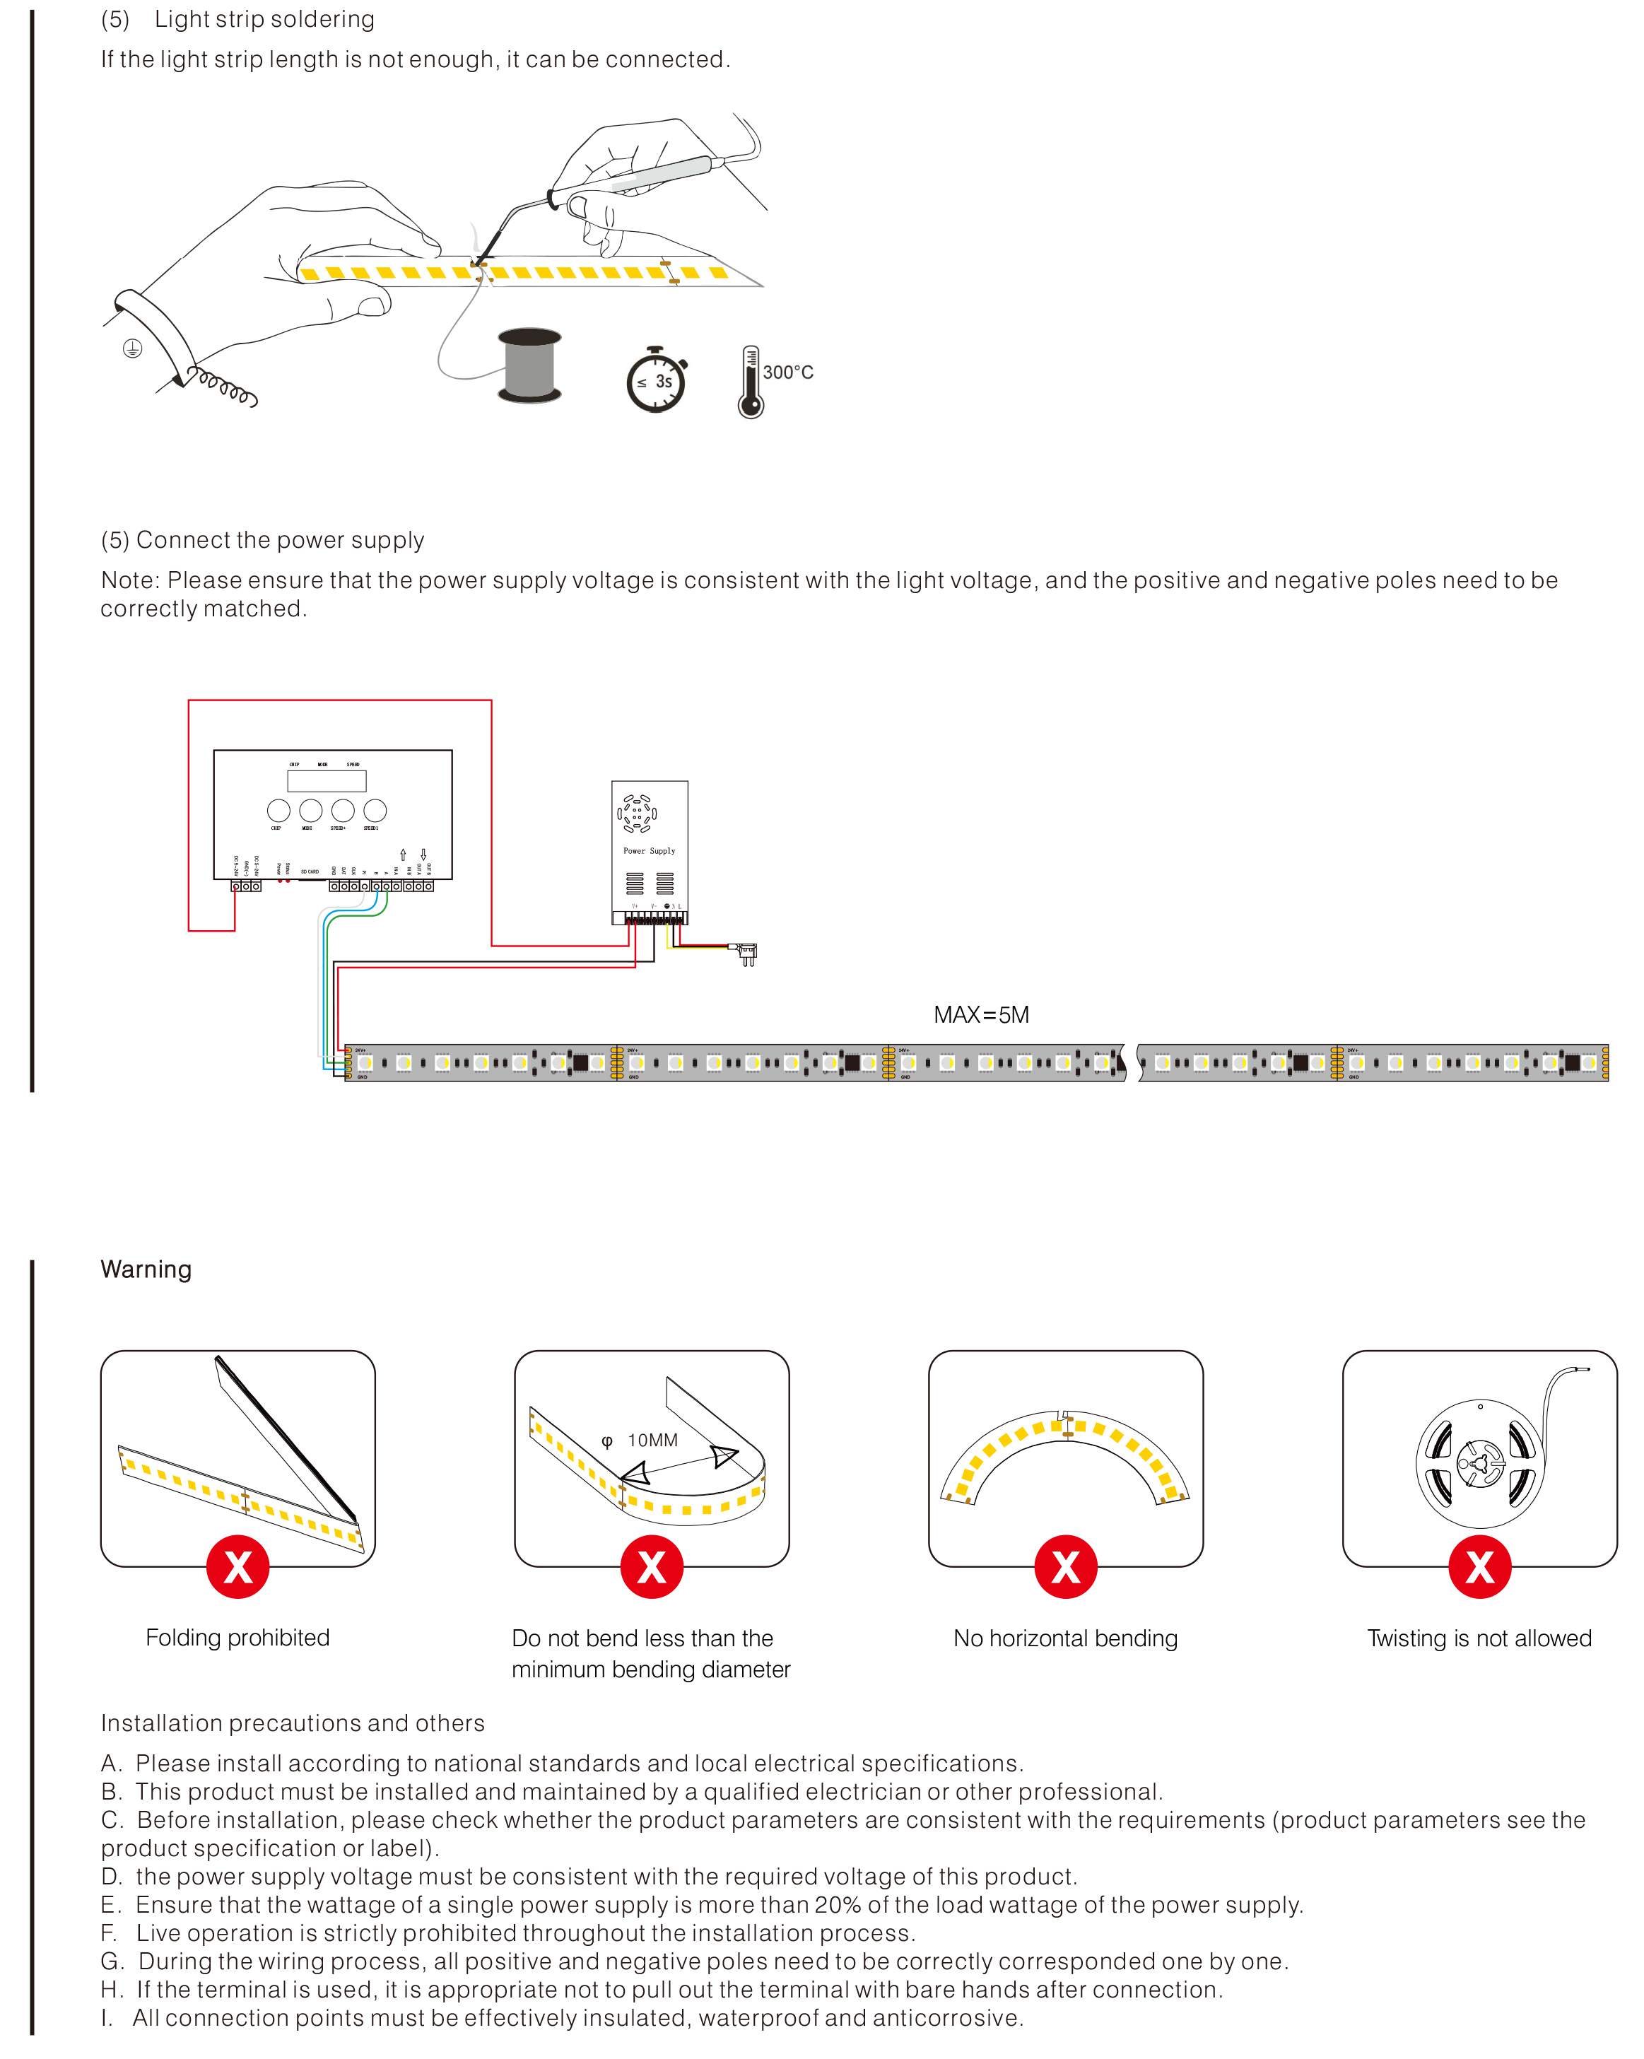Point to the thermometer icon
pyautogui.click(x=751, y=382)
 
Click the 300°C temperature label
pyautogui.click(x=787, y=373)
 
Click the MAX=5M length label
pyautogui.click(x=980, y=1014)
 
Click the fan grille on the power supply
pyautogui.click(x=637, y=814)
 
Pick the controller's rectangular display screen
pyautogui.click(x=327, y=780)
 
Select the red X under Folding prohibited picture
pyautogui.click(x=237, y=1566)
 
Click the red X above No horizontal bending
pyautogui.click(x=1065, y=1566)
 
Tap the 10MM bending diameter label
pyautogui.click(x=652, y=1440)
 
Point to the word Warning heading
pyautogui.click(x=146, y=1269)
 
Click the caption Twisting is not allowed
pyautogui.click(x=1479, y=1638)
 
